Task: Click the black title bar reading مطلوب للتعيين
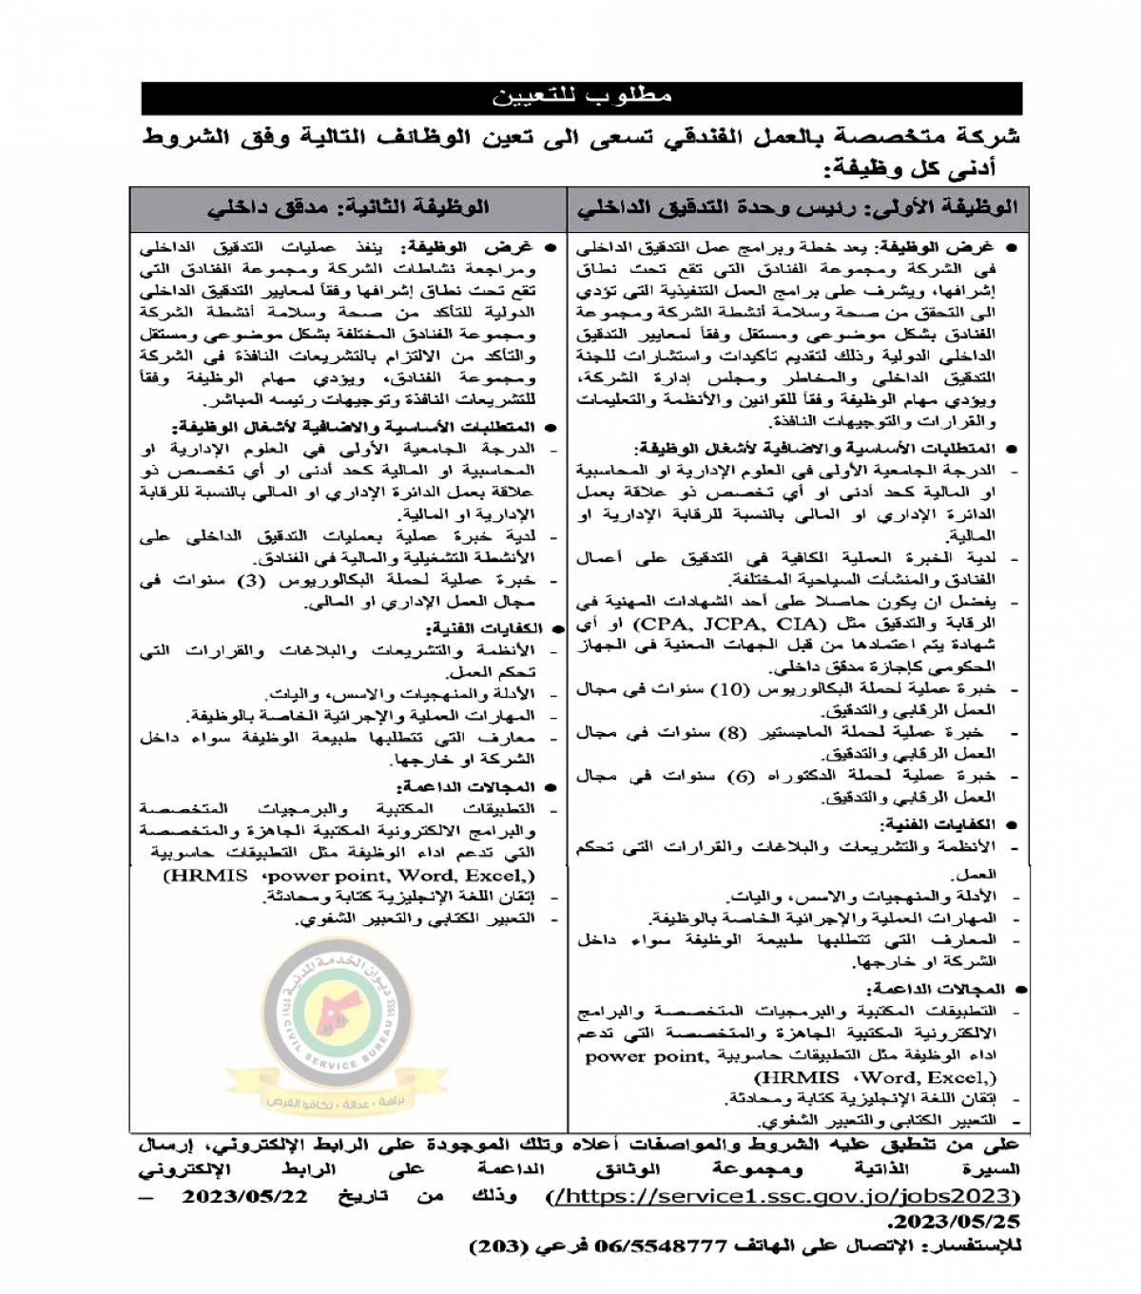click(x=582, y=98)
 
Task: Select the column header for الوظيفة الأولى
click(x=797, y=207)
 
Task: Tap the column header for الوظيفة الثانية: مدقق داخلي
click(x=349, y=207)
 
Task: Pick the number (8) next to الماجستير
click(x=732, y=732)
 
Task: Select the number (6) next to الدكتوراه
click(x=741, y=776)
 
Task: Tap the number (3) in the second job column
click(x=250, y=580)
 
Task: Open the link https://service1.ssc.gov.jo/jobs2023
click(x=784, y=1196)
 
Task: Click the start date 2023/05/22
click(x=244, y=1196)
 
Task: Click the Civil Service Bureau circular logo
click(x=338, y=1031)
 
